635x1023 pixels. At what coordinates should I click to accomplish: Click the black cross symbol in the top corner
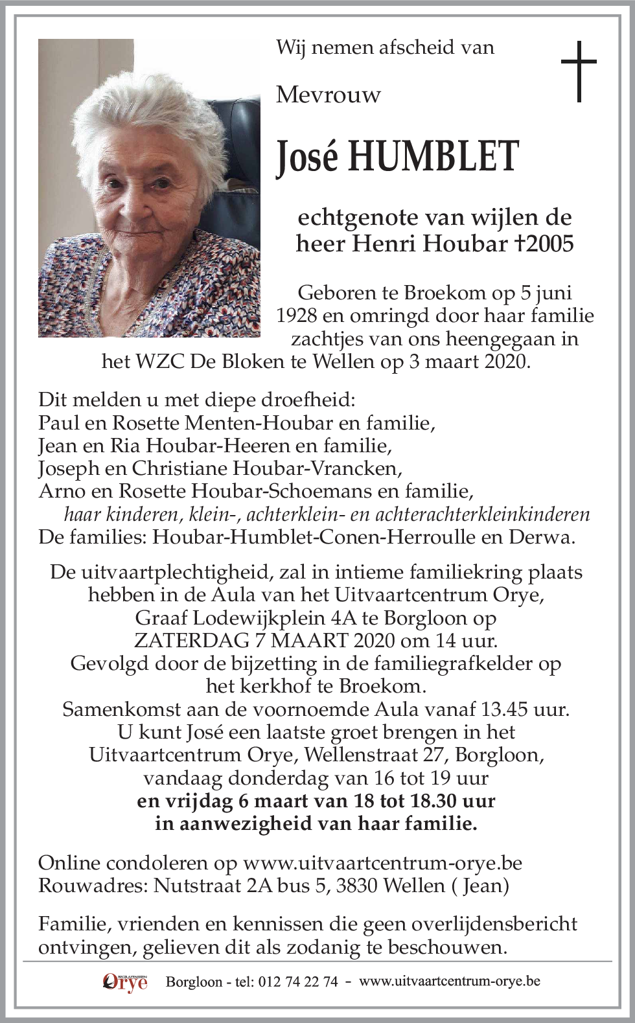click(x=578, y=71)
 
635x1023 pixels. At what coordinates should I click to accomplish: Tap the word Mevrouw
click(x=328, y=95)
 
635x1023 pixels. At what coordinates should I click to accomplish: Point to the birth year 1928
click(x=298, y=316)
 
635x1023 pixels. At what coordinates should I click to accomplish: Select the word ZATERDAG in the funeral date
click(x=181, y=641)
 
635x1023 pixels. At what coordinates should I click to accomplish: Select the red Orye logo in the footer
click(x=125, y=982)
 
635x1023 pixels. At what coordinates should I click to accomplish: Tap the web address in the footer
click(x=449, y=982)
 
